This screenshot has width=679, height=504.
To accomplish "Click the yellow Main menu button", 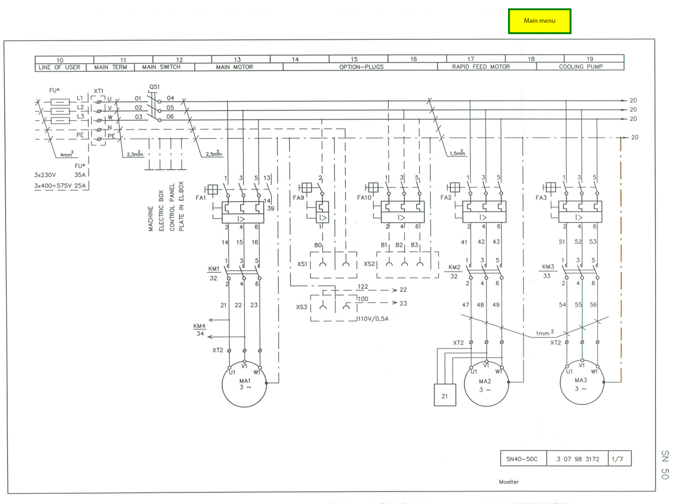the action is (539, 21).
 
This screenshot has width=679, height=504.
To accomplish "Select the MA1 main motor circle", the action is (244, 384).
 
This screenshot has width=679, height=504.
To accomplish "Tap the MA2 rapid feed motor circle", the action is (486, 384).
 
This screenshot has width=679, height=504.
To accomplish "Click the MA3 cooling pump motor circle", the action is (582, 382).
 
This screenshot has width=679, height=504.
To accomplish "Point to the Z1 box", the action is (445, 395).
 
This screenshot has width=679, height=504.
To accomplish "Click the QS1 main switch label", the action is (154, 87).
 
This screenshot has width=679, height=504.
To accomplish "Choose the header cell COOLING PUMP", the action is (581, 67).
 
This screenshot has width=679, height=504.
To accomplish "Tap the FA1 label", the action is (201, 198).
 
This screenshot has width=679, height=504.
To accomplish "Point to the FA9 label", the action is (298, 198).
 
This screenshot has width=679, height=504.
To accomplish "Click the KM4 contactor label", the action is (199, 326).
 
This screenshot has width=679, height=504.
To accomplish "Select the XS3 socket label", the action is (302, 307).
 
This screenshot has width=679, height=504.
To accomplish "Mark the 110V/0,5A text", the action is (373, 319).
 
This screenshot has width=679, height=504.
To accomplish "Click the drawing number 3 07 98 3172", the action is (578, 459).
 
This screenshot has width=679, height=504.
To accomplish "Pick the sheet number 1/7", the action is (617, 459).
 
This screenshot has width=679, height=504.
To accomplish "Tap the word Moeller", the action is (509, 482).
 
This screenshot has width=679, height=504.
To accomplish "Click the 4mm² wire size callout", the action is (67, 154).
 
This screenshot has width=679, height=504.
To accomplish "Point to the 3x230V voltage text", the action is (45, 175).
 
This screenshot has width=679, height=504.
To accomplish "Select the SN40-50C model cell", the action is (522, 459).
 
